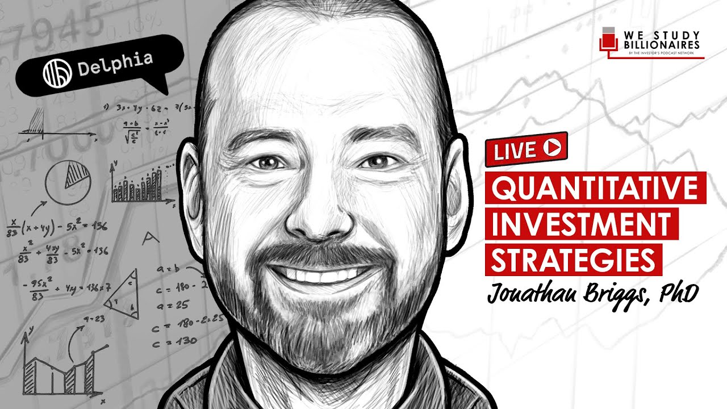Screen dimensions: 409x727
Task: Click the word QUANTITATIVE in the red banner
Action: coord(595,187)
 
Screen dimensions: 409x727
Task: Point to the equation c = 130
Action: coord(175,341)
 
